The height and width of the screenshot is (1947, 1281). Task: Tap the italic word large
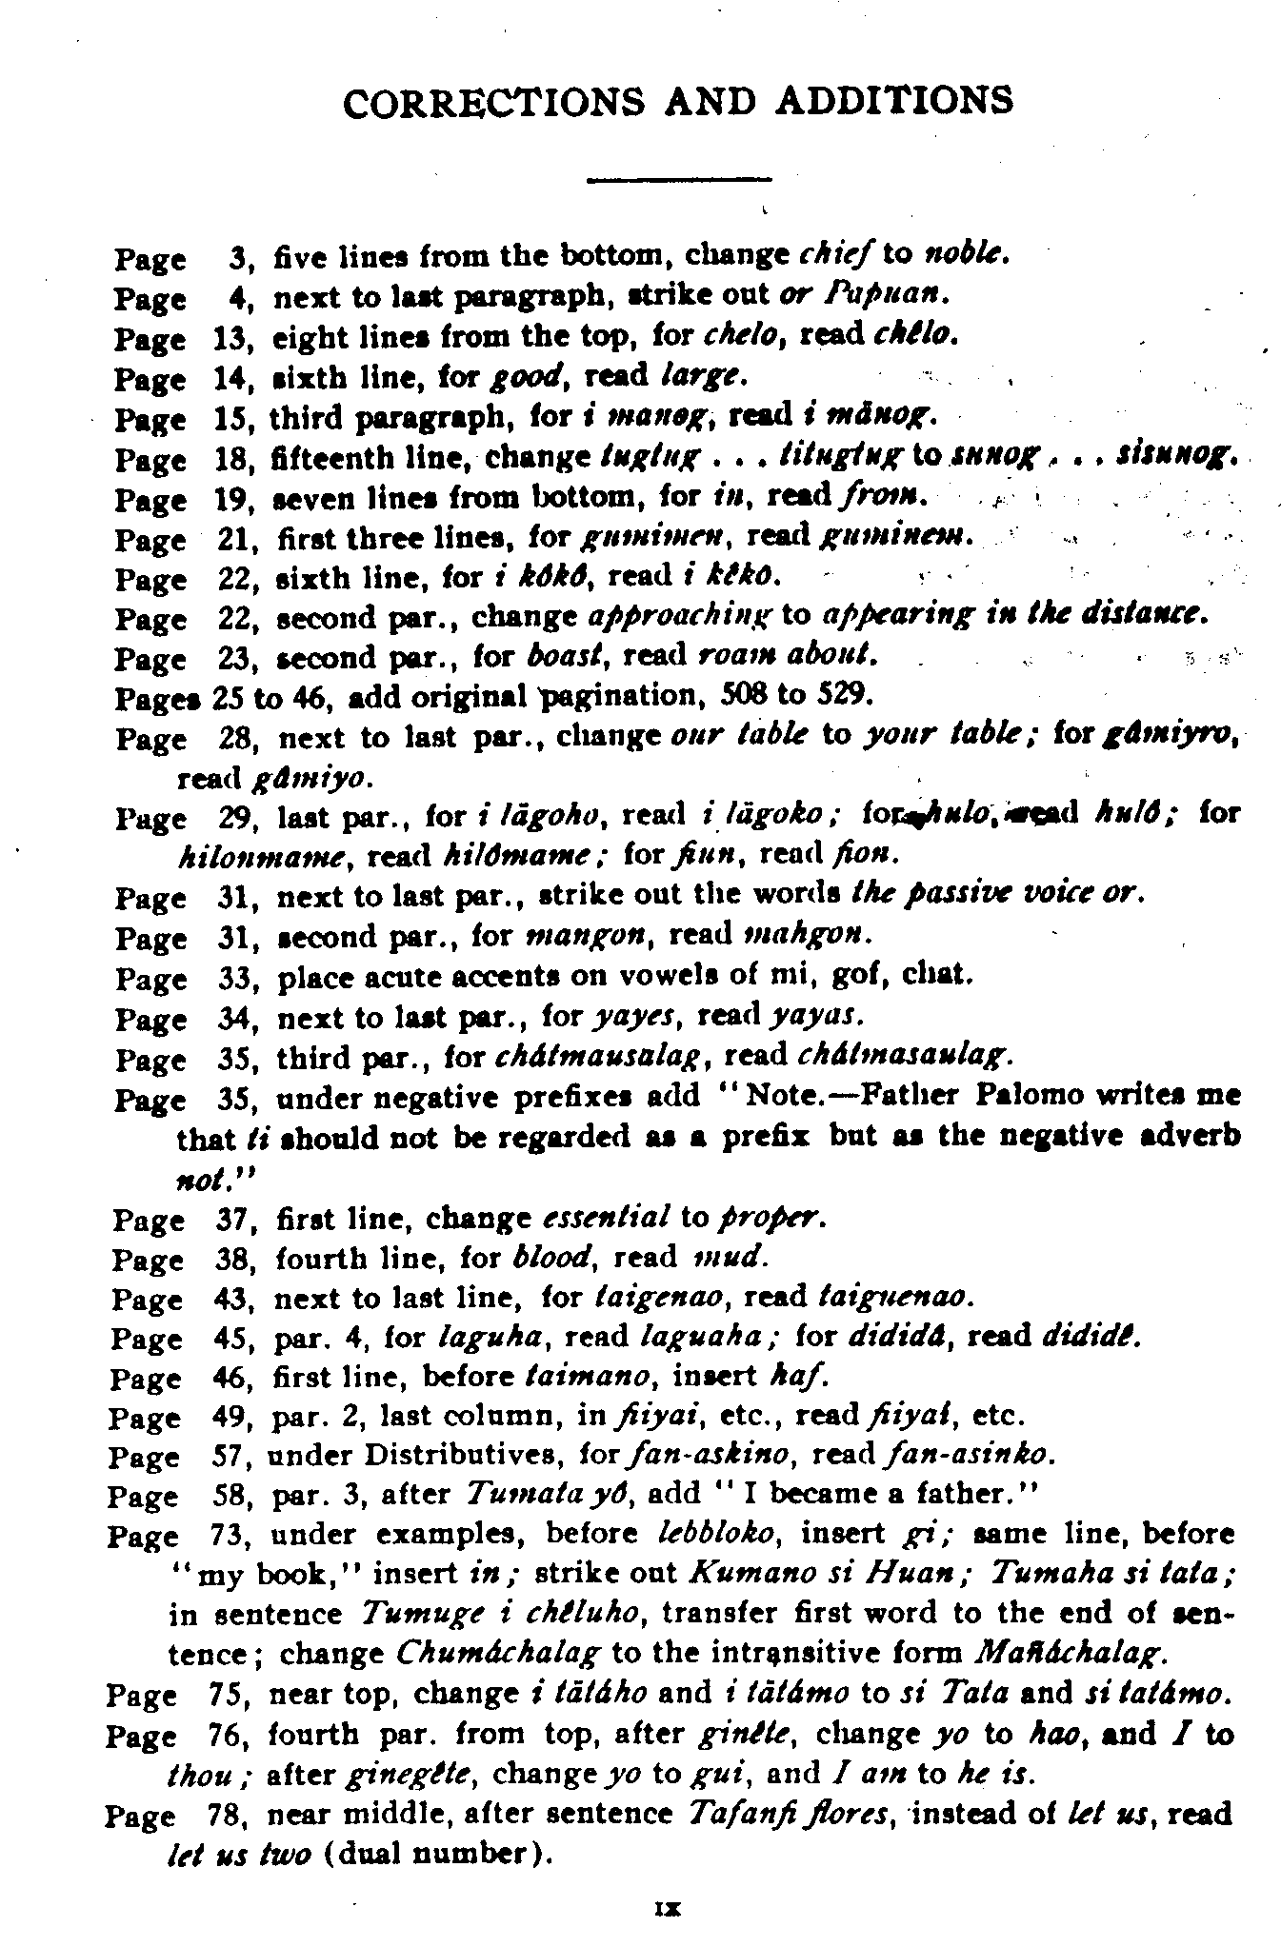700,377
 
